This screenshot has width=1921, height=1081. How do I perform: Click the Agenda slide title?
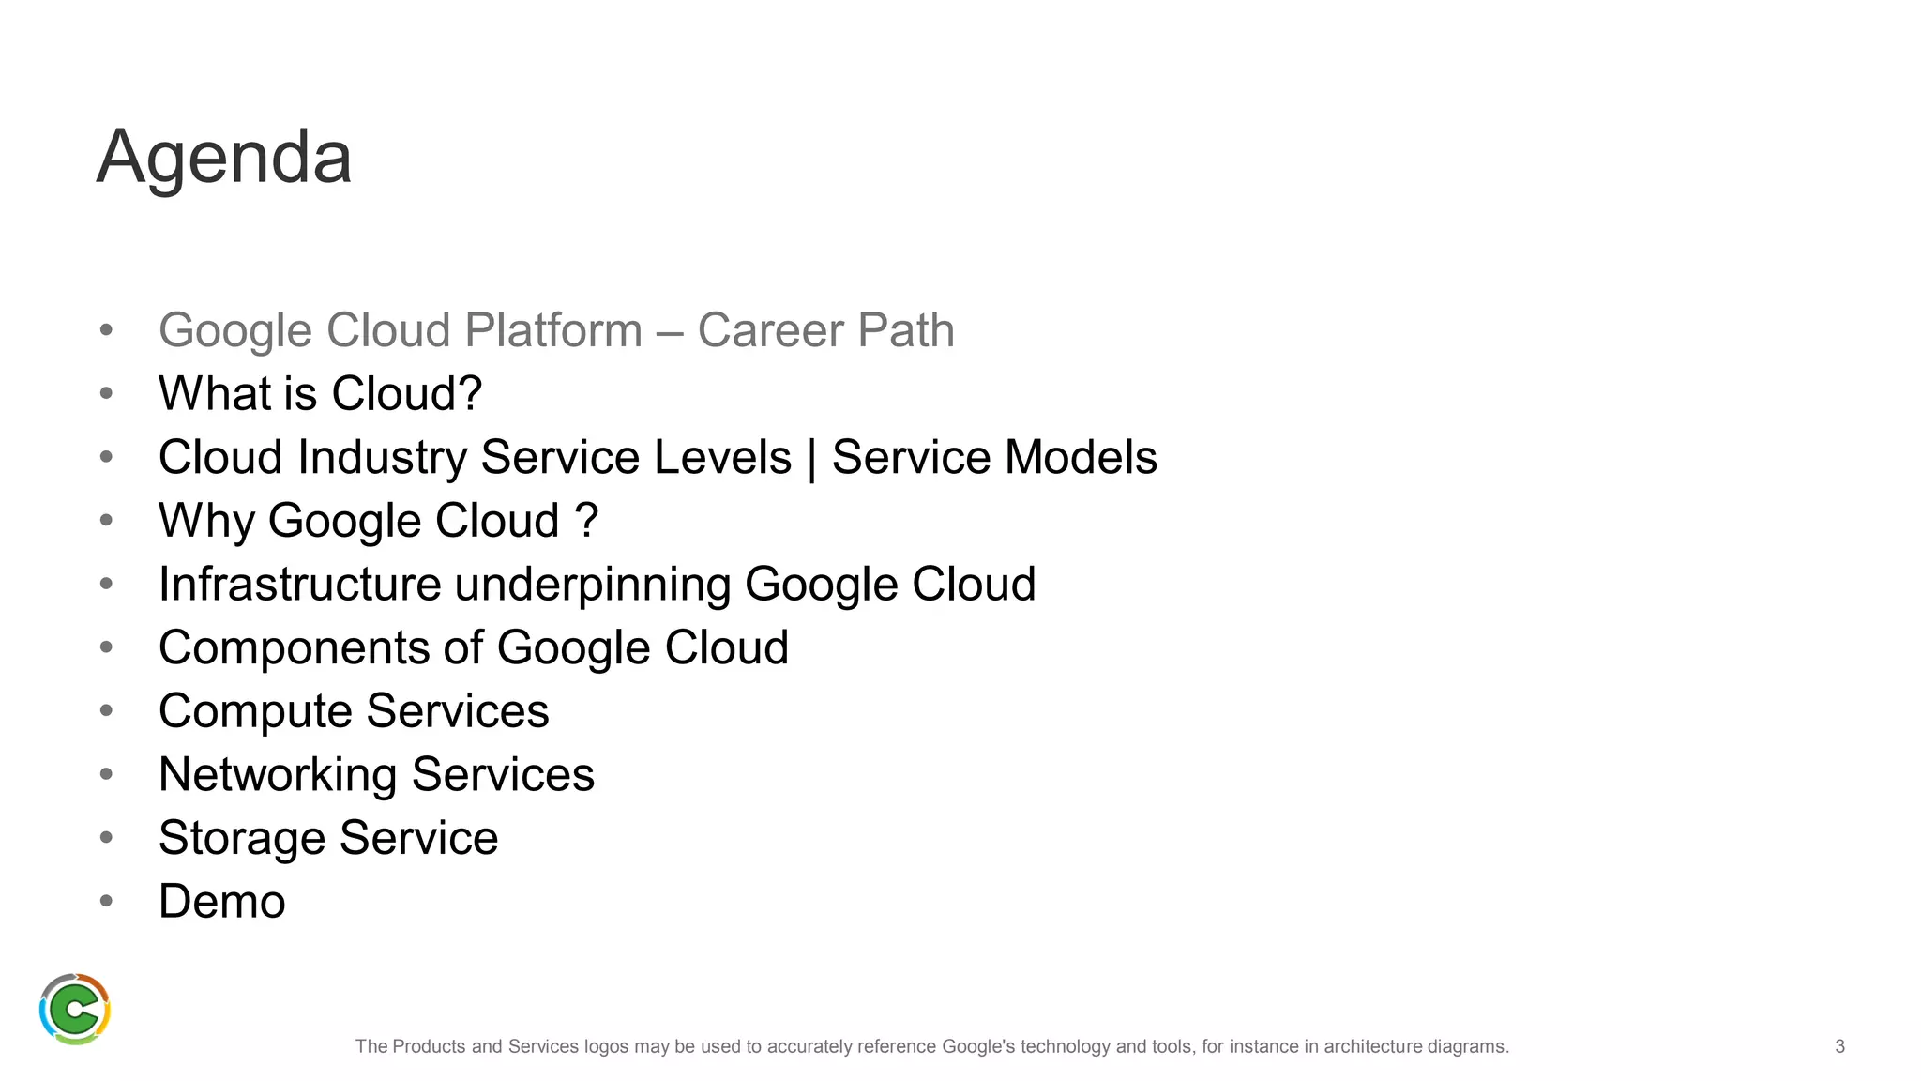pyautogui.click(x=224, y=157)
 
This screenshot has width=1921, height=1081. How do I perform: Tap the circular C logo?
pyautogui.click(x=75, y=1009)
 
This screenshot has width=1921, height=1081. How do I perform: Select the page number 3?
pyautogui.click(x=1839, y=1046)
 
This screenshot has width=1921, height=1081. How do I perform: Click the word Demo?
pyautogui.click(x=221, y=902)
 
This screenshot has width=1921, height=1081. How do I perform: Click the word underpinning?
pyautogui.click(x=593, y=584)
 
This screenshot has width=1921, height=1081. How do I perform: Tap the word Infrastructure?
pyautogui.click(x=299, y=584)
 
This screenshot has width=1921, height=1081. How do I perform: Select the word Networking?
pyautogui.click(x=278, y=775)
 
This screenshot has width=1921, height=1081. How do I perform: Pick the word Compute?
pyautogui.click(x=255, y=711)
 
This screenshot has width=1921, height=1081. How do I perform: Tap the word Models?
pyautogui.click(x=1081, y=457)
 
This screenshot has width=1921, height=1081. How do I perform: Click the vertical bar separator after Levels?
pyautogui.click(x=811, y=459)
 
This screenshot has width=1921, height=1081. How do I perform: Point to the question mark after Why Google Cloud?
pyautogui.click(x=587, y=520)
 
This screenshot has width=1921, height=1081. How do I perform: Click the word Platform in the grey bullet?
pyautogui.click(x=553, y=330)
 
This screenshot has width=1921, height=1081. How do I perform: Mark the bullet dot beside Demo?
pyautogui.click(x=106, y=901)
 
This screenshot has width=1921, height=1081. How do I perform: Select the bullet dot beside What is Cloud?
pyautogui.click(x=106, y=393)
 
